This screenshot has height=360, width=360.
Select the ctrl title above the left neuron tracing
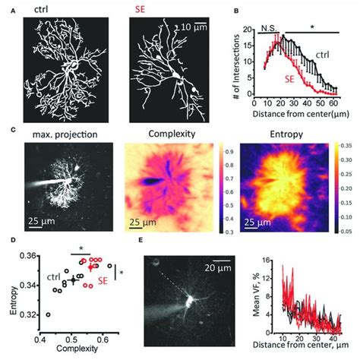click(x=49, y=11)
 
